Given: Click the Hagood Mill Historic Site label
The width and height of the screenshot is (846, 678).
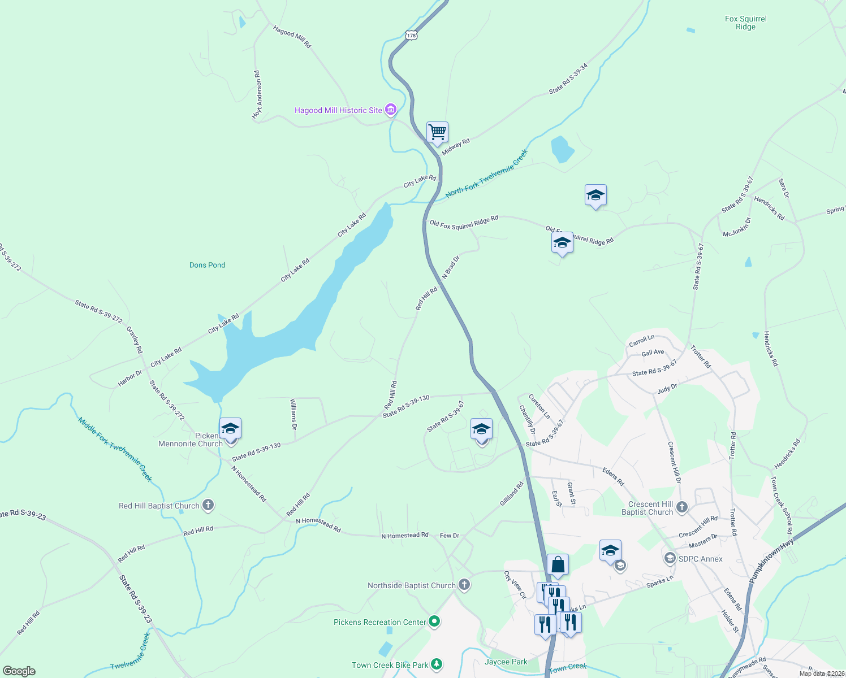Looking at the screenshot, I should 338,110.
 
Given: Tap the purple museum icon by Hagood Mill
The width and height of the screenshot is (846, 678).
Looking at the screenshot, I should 391,110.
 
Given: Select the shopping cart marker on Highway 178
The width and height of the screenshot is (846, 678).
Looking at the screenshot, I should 437,133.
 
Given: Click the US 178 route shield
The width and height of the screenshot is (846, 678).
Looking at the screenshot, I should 411,35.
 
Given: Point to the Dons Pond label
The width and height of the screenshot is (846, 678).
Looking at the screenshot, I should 208,265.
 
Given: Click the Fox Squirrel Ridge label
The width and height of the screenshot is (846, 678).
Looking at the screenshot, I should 745,23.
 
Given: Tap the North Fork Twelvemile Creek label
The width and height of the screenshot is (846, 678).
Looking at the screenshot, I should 486,173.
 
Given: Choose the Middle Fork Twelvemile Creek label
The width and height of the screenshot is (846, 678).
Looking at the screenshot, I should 115,449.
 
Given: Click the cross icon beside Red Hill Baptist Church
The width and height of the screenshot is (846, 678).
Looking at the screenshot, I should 208,505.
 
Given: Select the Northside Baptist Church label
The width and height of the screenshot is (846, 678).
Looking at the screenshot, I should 411,585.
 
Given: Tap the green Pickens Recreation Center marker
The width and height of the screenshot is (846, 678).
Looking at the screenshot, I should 434,622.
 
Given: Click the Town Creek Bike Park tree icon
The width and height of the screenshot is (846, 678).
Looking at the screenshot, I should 437,664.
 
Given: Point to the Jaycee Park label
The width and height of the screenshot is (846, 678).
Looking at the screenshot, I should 506,662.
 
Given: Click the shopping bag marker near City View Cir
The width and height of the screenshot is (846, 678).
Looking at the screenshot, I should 558,564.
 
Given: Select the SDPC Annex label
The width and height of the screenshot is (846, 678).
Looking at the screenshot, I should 700,559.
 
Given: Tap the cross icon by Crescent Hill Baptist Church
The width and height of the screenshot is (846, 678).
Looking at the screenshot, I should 682,507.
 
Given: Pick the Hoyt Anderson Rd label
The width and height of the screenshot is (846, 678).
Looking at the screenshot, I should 258,95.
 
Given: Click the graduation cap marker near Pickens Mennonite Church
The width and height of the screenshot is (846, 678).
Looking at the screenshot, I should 230,429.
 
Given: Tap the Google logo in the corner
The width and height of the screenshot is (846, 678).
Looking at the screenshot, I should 19,671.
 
